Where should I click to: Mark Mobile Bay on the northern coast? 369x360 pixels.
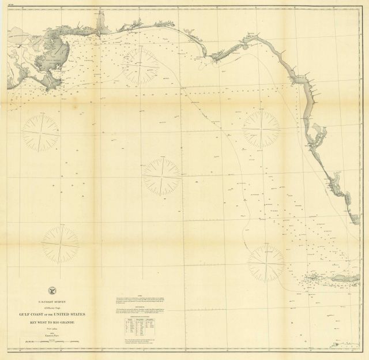point(103,26)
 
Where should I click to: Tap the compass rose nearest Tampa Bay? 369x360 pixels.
point(261,129)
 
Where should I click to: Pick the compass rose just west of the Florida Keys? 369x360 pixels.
point(266,262)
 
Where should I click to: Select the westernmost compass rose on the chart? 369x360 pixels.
point(41,133)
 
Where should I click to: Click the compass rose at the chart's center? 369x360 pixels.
point(162,177)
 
